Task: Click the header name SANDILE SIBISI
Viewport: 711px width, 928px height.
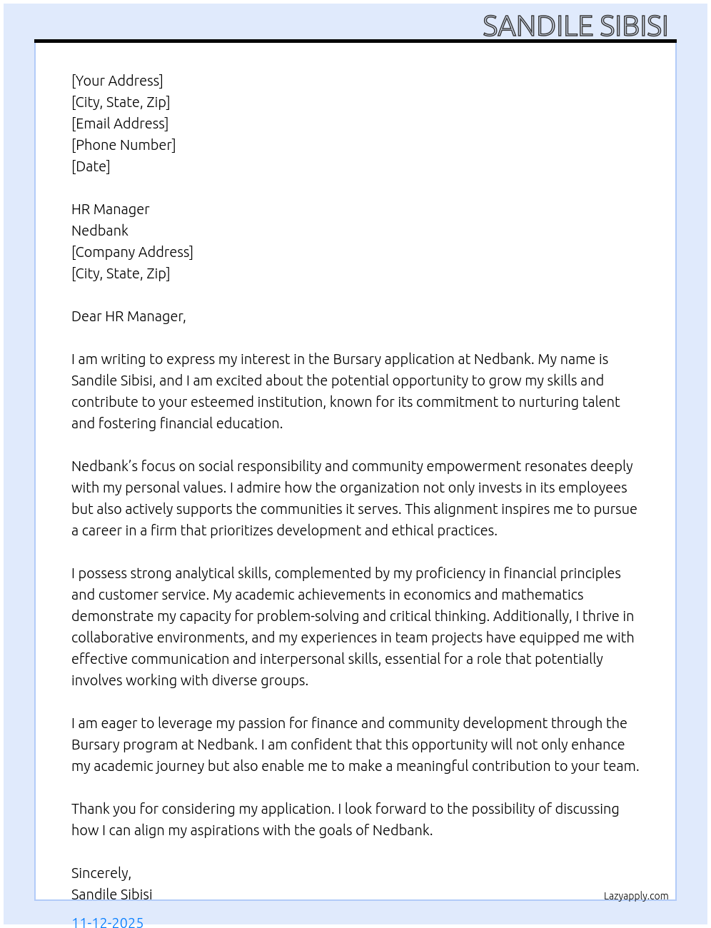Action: point(575,26)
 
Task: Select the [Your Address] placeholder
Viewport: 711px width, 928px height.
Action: point(117,81)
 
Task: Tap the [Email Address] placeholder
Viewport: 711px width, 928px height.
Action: point(120,123)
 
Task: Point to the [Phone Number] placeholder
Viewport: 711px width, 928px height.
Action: point(123,145)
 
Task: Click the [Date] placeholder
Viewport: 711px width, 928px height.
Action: point(91,166)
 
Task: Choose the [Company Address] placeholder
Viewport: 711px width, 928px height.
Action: point(132,252)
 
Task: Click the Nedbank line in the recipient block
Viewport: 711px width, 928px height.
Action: point(100,231)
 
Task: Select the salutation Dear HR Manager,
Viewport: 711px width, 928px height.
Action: point(128,316)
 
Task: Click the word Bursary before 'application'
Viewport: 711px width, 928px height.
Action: point(357,359)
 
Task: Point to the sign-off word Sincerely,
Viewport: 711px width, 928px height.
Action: point(101,873)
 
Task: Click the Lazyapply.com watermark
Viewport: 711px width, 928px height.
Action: point(636,896)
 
